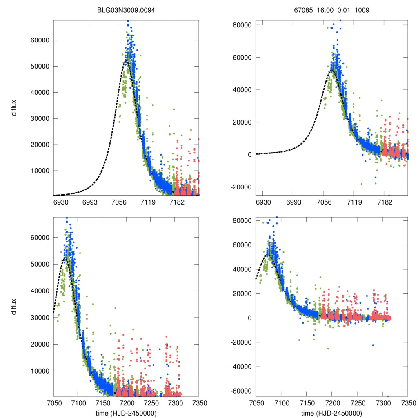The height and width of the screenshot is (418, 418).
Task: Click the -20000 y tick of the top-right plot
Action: pyautogui.click(x=240, y=187)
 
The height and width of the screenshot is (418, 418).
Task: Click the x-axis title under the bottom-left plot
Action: pyautogui.click(x=126, y=413)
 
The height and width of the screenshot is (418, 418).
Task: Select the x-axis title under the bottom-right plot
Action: pyautogui.click(x=332, y=413)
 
